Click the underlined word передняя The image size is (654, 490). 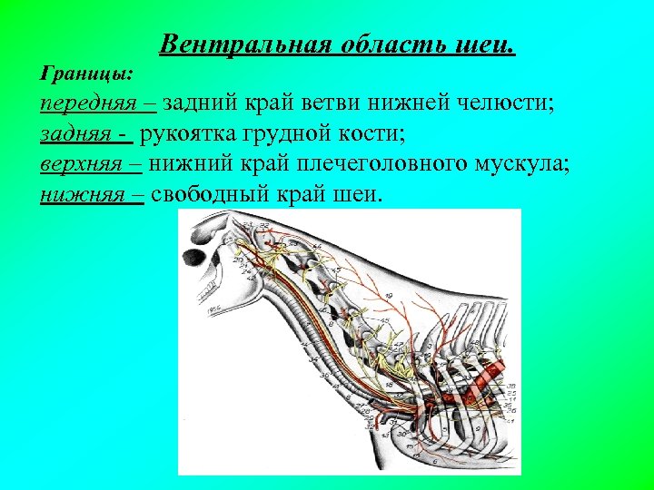[84, 103]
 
